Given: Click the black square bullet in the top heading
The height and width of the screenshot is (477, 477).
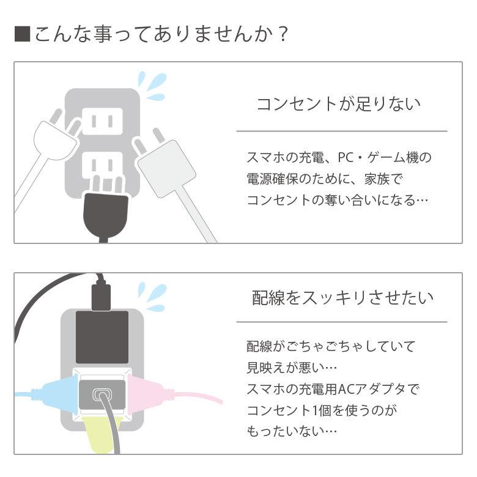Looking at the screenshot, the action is (22, 34).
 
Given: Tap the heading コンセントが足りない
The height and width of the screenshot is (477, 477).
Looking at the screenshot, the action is (338, 103).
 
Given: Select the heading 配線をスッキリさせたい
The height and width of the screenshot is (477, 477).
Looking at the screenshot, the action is (343, 298).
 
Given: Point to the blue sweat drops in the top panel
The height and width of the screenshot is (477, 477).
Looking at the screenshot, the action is (152, 86).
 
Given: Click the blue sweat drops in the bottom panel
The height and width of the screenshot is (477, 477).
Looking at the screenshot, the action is (152, 296).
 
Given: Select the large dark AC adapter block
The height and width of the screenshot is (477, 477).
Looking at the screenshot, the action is (102, 336).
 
